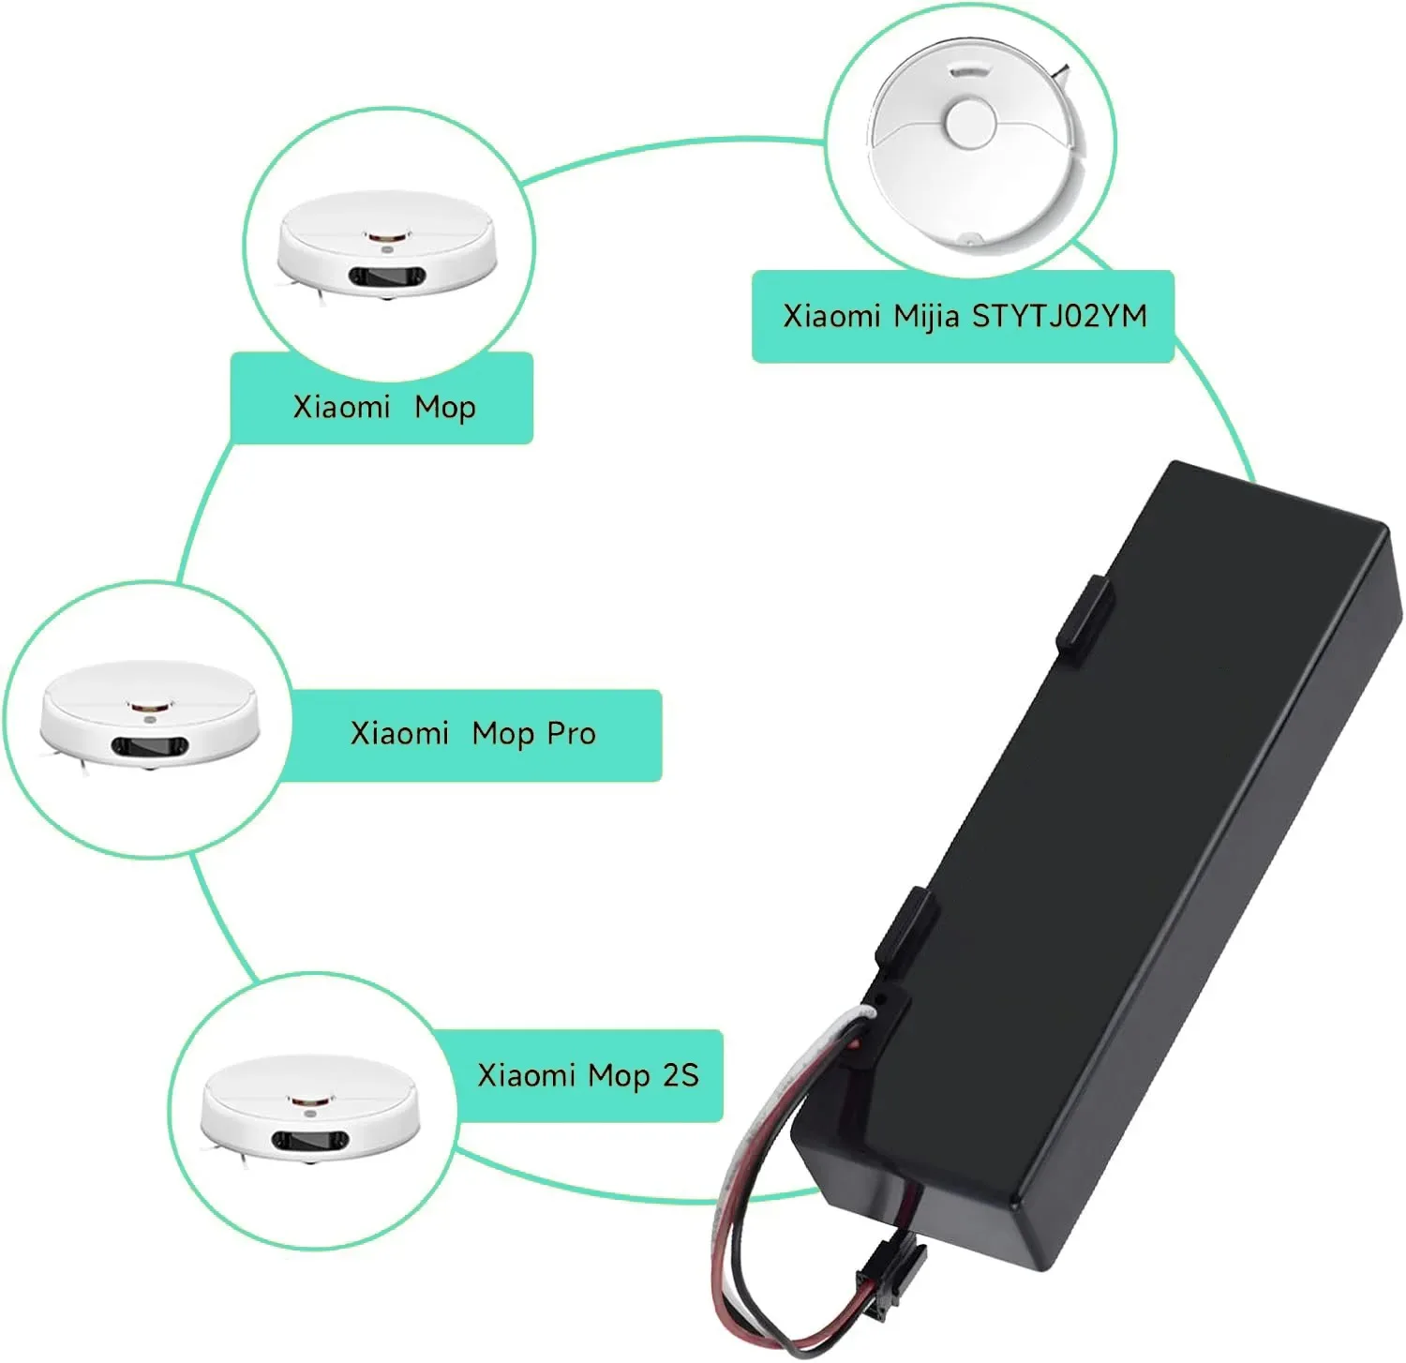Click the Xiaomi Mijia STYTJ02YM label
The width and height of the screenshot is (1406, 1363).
[x=963, y=316]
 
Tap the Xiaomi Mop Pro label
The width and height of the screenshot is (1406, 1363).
[x=472, y=734]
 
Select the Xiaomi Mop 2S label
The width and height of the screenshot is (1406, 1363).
[x=588, y=1075]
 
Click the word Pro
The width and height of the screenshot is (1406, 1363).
[x=571, y=734]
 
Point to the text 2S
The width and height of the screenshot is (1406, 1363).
[x=681, y=1075]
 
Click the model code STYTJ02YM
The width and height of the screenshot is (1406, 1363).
[x=1059, y=316]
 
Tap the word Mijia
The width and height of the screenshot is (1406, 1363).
[x=926, y=316]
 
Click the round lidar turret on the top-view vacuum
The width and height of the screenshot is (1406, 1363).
[x=970, y=125]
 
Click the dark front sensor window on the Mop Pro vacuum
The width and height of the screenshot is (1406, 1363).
[x=150, y=746]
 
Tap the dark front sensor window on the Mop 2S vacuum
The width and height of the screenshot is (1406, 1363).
[x=309, y=1141]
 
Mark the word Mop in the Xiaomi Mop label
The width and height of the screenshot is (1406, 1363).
[x=445, y=408]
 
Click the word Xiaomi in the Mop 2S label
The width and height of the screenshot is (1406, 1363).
[x=526, y=1075]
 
